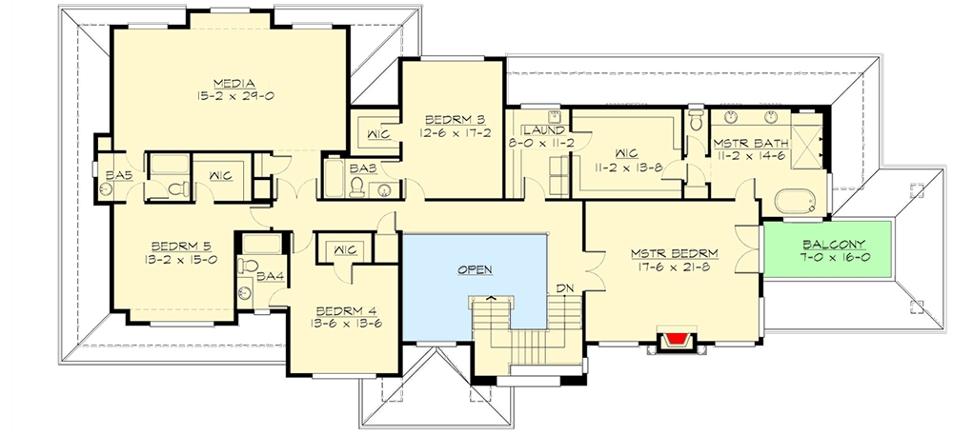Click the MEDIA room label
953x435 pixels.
coord(233,83)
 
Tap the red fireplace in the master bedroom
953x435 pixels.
coord(675,341)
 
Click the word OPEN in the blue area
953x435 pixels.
coord(475,269)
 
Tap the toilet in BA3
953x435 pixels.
coord(357,187)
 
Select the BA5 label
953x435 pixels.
coord(119,175)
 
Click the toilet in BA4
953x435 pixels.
coord(248,266)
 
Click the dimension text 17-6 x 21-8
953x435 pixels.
coord(675,266)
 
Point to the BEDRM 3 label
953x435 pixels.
coord(455,119)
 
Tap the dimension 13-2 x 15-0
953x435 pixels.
coord(181,259)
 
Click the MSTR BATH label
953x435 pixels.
coord(751,143)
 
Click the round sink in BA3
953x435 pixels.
coord(385,191)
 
